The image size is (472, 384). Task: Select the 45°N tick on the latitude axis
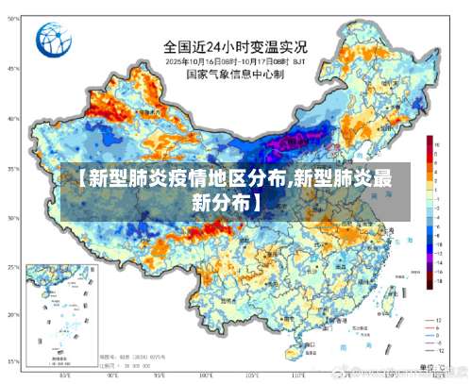coord(12,69)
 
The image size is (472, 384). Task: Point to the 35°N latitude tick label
coord(12,169)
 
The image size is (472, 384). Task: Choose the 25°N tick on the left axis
coord(12,269)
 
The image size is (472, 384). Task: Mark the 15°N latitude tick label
coord(12,361)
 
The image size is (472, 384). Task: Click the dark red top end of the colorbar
coord(429,140)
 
